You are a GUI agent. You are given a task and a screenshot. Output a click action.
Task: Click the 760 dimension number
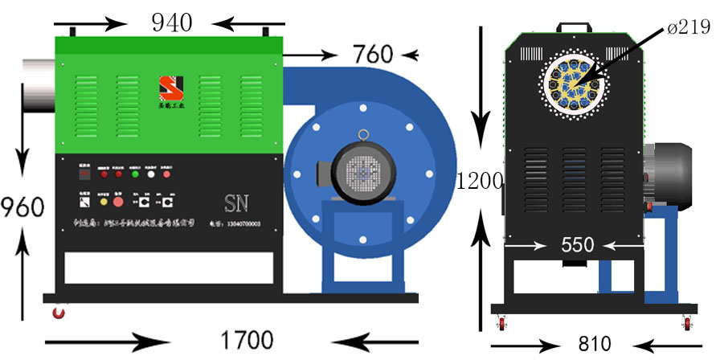(373, 55)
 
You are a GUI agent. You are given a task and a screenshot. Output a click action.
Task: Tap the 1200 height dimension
(480, 181)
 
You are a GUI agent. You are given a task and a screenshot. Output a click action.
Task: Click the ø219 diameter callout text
(690, 29)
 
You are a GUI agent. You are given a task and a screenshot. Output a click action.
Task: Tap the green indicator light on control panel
(134, 174)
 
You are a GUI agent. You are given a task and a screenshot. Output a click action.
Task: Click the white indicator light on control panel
(150, 174)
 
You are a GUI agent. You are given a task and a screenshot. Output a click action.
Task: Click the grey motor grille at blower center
(361, 172)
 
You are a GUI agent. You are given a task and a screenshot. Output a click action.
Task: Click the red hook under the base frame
(57, 310)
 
